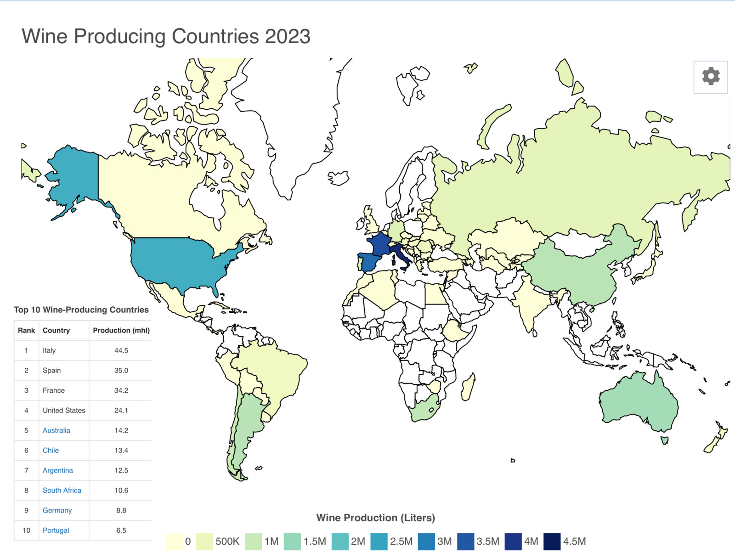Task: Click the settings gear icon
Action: coord(711,77)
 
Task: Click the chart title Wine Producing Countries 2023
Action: coord(166,36)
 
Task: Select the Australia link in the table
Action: coord(57,430)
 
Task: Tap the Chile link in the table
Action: coord(51,450)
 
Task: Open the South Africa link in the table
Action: coord(62,490)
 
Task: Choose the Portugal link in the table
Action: coord(56,530)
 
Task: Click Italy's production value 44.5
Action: coord(121,350)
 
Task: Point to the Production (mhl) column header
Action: coord(121,330)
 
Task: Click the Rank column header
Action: coord(26,330)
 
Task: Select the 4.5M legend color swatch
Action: coord(552,541)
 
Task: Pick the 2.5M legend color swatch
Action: coord(379,541)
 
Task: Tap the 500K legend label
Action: coord(227,541)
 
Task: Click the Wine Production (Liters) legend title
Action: coord(375,518)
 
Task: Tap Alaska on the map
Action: coord(73,175)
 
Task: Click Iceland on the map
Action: coord(339,178)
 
